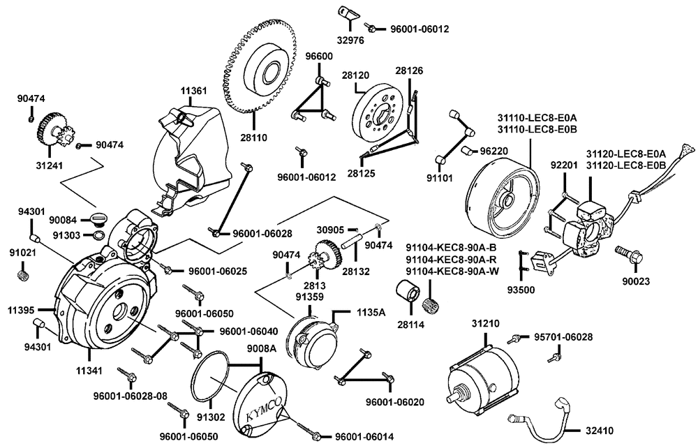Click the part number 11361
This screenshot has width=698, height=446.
pyautogui.click(x=194, y=91)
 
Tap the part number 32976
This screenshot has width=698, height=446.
pyautogui.click(x=352, y=40)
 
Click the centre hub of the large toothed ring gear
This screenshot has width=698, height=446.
pyautogui.click(x=267, y=73)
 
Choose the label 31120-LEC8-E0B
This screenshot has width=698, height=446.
pyautogui.click(x=626, y=165)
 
